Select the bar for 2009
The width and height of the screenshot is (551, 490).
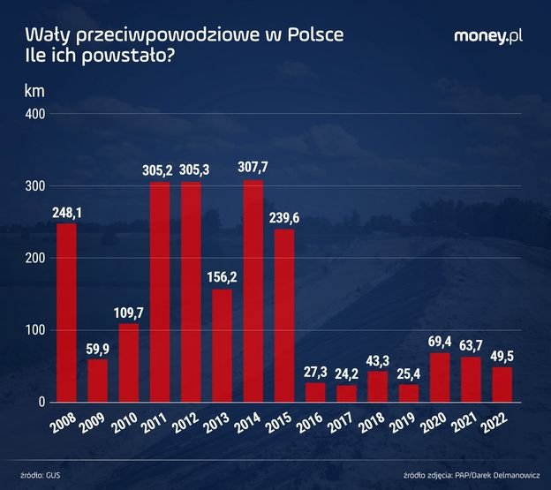(97, 381)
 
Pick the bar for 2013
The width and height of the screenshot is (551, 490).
(222, 345)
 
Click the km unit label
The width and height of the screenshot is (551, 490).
(34, 89)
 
